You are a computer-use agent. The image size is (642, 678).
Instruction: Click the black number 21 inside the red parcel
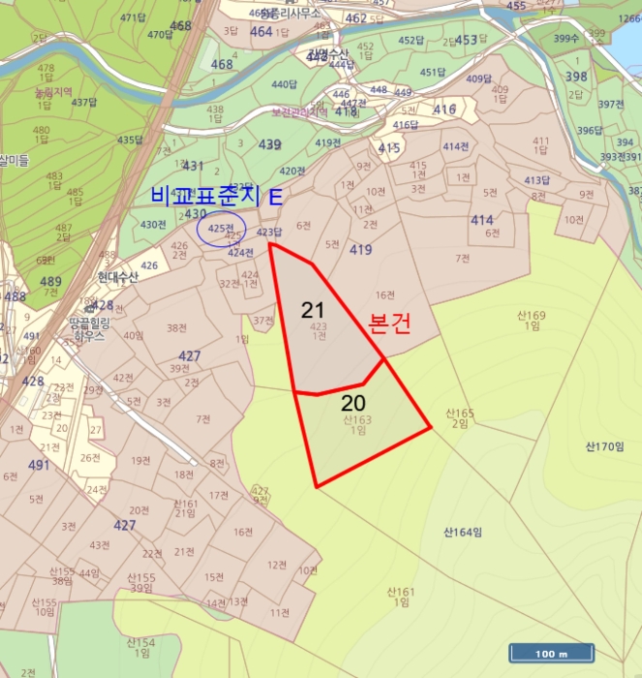(312, 310)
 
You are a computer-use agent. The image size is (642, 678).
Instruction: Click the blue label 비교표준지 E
(217, 196)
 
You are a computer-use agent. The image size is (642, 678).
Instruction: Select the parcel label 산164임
(463, 532)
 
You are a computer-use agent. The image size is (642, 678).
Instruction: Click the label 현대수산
(118, 276)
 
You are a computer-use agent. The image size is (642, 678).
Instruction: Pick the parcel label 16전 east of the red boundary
(385, 295)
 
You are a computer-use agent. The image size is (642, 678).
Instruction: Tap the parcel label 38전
(176, 328)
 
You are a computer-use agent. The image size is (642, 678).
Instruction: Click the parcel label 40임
(133, 335)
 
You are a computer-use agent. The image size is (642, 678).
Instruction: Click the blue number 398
(576, 77)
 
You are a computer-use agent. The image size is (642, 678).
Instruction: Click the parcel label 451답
(432, 73)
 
